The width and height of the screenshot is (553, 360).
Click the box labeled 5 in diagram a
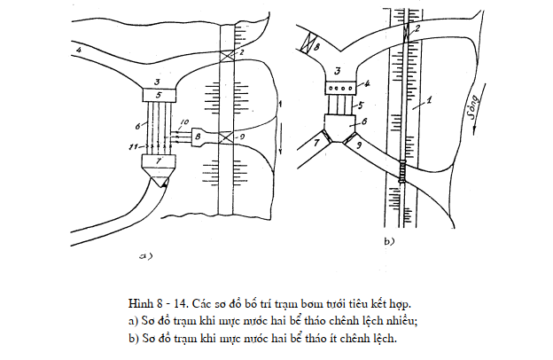tap(160, 94)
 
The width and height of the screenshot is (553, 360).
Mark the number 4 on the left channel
tap(79, 51)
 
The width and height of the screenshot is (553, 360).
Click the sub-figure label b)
tap(389, 239)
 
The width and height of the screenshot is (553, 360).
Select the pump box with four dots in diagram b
tap(341, 88)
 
